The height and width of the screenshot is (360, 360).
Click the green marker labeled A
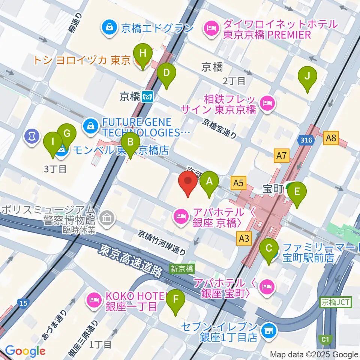click(210, 183)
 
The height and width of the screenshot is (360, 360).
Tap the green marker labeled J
click(307, 77)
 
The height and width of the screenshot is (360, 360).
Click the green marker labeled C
click(269, 249)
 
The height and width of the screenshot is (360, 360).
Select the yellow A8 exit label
click(331, 139)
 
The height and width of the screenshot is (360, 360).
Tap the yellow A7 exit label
click(282, 155)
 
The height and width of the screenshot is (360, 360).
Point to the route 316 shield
click(304, 140)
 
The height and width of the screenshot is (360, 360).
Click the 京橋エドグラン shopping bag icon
click(108, 27)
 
